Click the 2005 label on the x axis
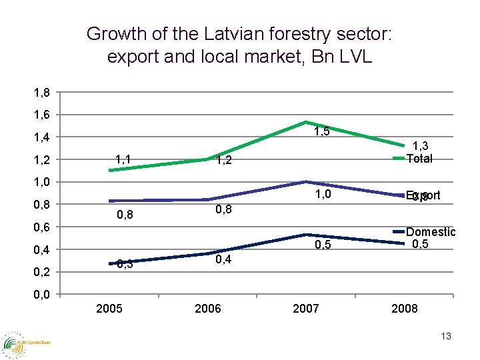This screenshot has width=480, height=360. tap(109, 309)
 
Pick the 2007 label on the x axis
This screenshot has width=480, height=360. tap(306, 309)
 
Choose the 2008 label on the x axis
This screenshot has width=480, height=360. tap(404, 309)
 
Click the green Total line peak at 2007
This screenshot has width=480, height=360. tap(305, 122)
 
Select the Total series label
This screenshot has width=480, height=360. tap(419, 159)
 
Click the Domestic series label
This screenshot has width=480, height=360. tap(431, 232)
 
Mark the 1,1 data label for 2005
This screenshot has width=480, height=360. tap(123, 159)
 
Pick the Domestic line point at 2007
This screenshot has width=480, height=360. tap(305, 235)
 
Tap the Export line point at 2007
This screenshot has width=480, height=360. tap(305, 181)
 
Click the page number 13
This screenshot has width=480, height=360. tap(445, 337)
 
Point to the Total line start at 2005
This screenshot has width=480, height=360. tap(110, 170)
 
